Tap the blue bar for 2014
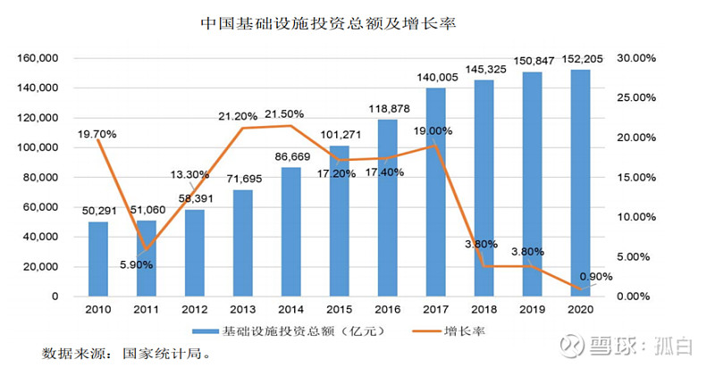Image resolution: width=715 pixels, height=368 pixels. [291, 232]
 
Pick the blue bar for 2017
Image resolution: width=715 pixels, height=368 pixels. [436, 192]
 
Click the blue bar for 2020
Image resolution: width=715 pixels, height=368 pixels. [581, 183]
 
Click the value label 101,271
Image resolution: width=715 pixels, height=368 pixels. [340, 136]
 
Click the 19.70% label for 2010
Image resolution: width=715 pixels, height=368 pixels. [97, 134]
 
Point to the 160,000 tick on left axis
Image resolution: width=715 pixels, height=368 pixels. [38, 58]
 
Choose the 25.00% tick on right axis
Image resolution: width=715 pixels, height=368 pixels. [638, 97]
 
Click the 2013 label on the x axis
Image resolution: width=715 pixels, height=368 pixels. [243, 310]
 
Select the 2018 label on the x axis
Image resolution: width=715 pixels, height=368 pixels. [484, 310]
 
